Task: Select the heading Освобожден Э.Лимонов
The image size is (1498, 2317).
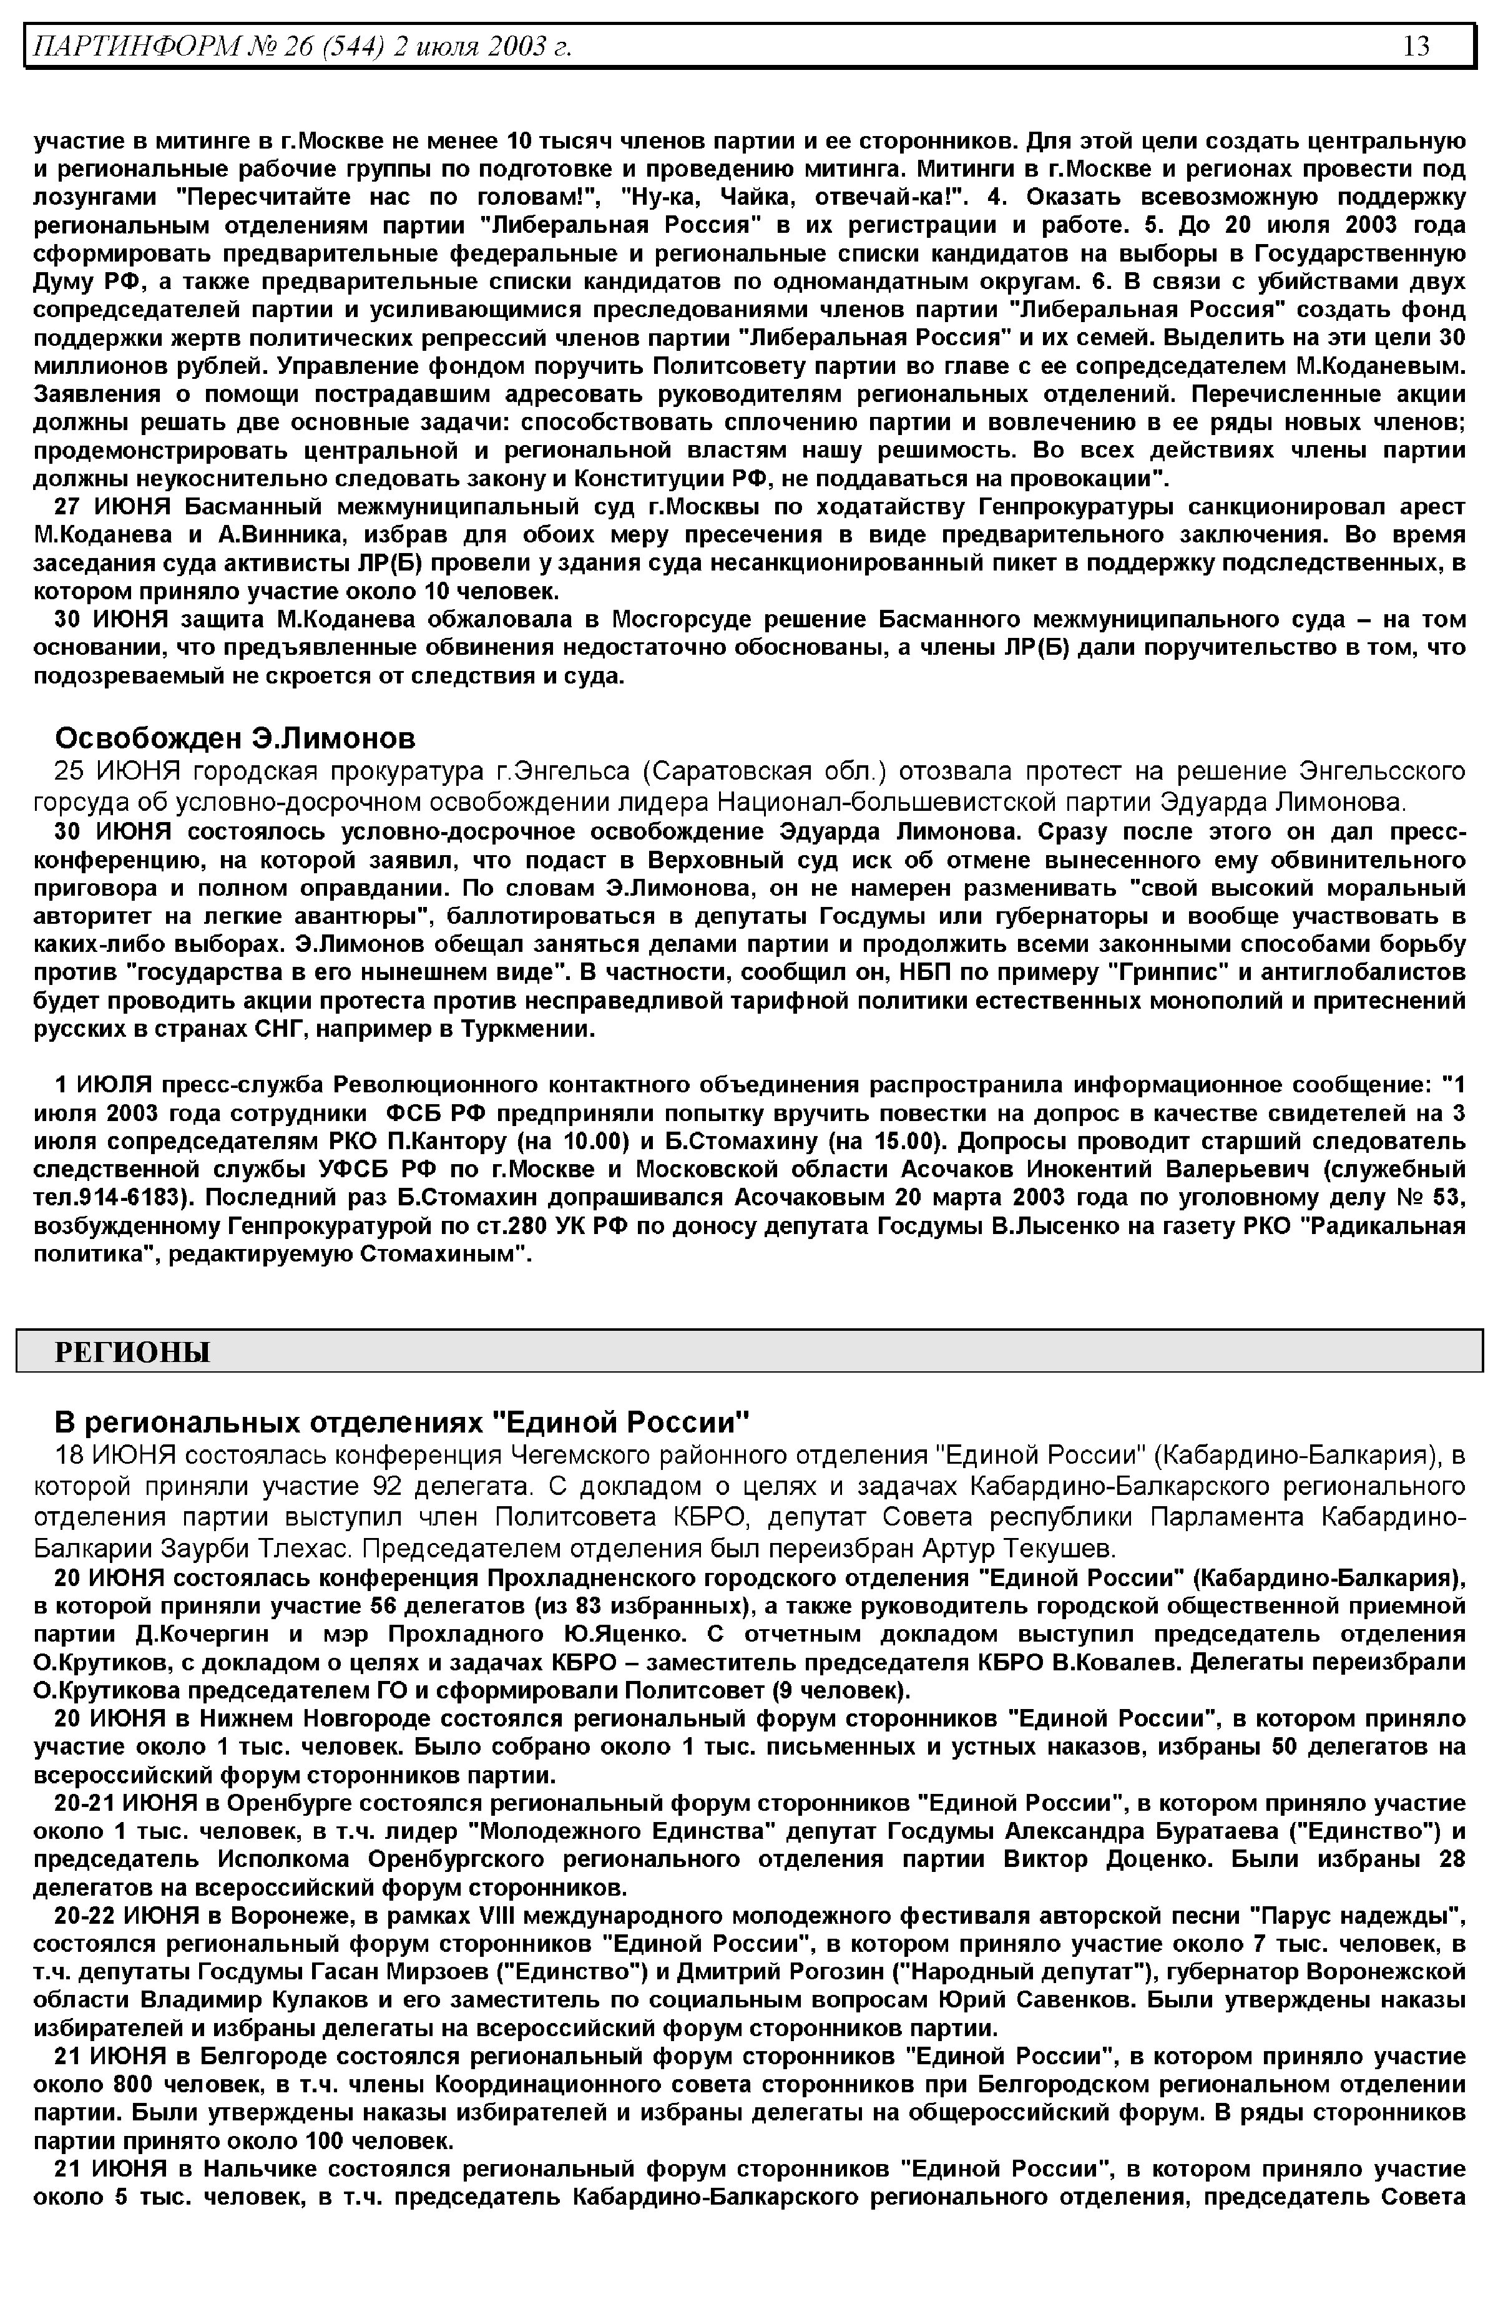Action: [235, 738]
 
